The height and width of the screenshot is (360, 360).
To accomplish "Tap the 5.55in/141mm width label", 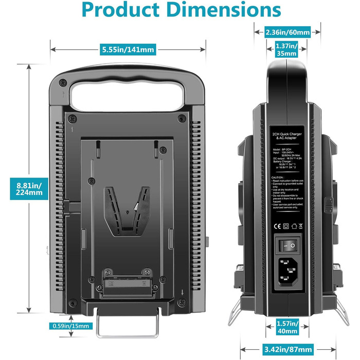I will pyautogui.click(x=128, y=49).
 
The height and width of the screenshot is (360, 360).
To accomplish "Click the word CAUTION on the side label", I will pyautogui.click(x=278, y=176).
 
